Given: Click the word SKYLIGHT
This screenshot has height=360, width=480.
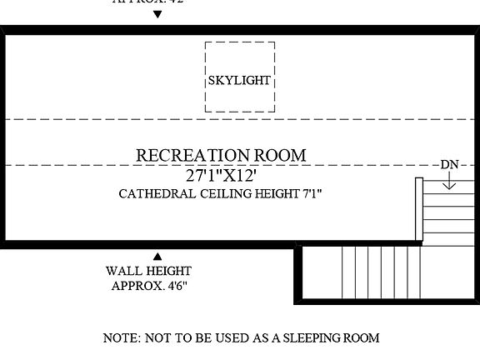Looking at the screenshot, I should (239, 81).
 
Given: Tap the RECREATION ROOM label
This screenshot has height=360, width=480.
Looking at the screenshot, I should (221, 155).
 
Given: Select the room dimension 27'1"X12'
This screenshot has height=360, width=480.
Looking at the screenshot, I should (221, 175).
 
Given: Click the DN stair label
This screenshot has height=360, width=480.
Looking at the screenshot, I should (449, 164).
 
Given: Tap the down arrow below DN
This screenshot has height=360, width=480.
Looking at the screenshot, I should (449, 181).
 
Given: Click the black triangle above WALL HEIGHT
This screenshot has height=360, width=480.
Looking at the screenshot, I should (157, 256).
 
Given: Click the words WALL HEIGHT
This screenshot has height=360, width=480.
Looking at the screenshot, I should (148, 271).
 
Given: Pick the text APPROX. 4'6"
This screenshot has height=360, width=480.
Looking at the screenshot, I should (148, 286).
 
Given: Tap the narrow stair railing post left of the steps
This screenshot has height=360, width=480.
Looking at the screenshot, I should (419, 208).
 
